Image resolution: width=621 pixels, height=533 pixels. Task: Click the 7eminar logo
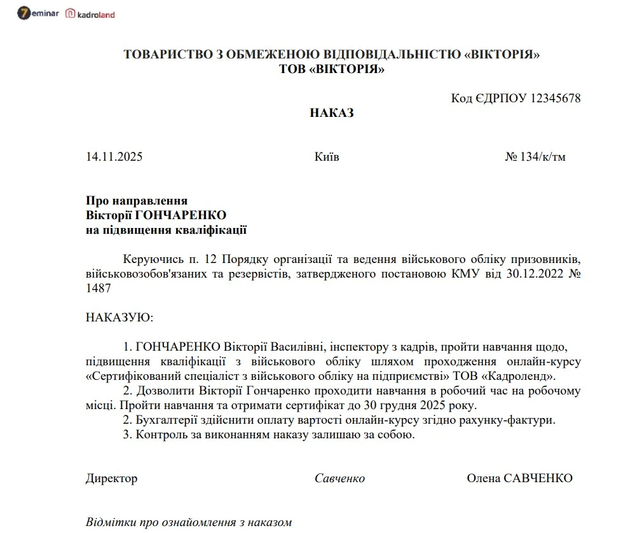(38, 13)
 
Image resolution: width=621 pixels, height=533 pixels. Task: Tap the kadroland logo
(90, 14)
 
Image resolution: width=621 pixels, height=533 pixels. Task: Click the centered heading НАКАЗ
(332, 113)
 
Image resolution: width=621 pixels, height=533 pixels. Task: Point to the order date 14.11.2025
(114, 157)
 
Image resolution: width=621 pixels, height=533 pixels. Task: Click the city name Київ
(327, 157)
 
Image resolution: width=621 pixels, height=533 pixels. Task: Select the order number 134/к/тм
(541, 157)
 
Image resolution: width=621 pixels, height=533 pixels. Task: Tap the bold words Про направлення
(137, 201)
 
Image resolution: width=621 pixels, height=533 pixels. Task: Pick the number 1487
(99, 288)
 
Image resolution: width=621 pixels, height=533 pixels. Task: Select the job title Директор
(111, 478)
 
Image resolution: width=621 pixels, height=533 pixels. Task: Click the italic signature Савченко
(339, 478)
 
